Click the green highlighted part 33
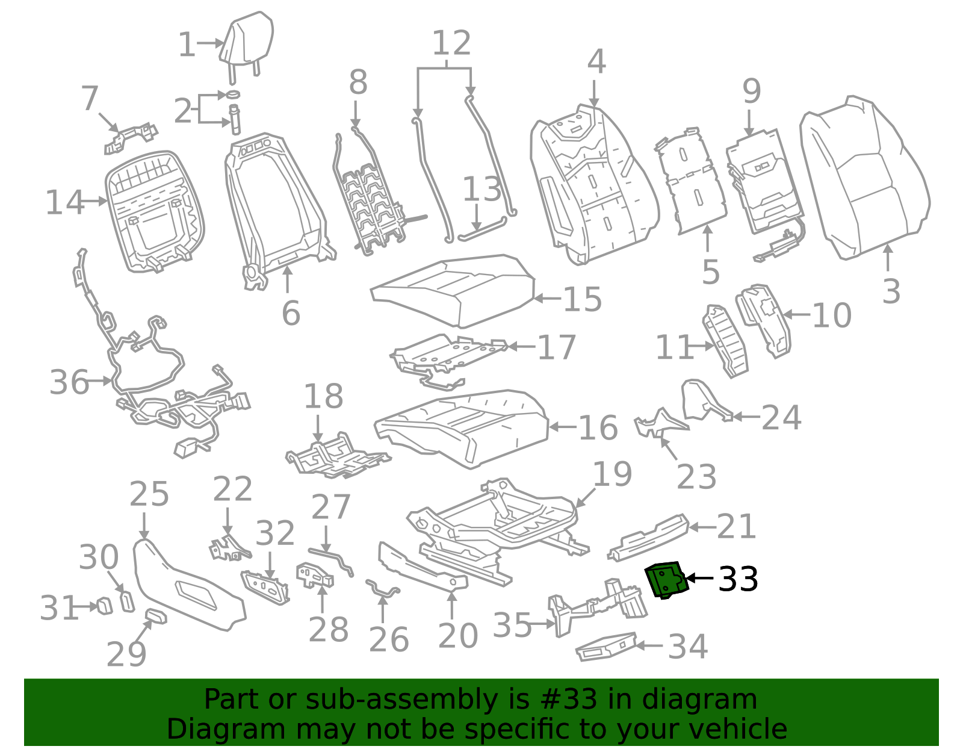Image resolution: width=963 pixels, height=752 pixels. tap(666, 580)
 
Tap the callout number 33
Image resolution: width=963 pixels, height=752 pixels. tap(738, 579)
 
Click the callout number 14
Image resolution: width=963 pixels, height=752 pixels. tap(65, 202)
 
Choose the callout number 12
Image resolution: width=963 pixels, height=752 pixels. tap(451, 43)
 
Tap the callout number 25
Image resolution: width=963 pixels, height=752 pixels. tap(149, 494)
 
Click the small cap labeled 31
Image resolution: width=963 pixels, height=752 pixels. tap(105, 606)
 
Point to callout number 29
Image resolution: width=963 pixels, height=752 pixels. tap(126, 654)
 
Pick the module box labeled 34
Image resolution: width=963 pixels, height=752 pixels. tap(606, 646)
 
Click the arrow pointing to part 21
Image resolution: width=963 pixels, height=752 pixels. tap(702, 527)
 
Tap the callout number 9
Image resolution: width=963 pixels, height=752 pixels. tap(752, 91)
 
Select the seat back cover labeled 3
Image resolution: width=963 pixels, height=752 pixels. tap(864, 177)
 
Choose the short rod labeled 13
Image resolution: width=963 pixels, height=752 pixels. tap(482, 228)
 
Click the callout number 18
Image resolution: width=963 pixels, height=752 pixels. tap(324, 396)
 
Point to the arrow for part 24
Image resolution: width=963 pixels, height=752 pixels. tap(746, 417)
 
